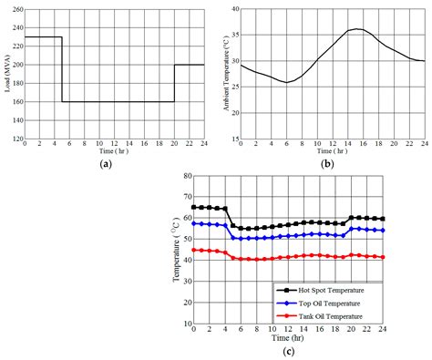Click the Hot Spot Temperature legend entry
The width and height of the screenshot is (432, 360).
[324, 290]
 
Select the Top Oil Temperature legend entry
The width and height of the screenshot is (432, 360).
[324, 303]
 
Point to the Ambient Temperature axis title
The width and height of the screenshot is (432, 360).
[227, 75]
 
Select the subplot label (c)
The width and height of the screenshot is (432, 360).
[289, 351]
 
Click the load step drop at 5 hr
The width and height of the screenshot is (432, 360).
[61, 69]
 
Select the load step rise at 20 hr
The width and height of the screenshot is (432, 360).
[174, 83]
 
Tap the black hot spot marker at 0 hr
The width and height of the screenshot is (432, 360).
[193, 207]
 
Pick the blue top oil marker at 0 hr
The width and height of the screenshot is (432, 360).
[193, 223]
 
